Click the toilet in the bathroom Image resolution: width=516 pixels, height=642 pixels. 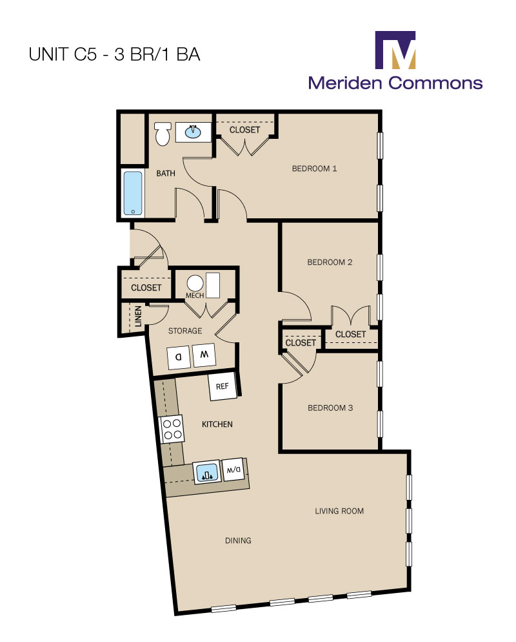point(163,134)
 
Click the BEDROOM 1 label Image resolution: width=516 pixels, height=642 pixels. point(315,169)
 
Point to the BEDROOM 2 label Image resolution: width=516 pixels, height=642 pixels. point(330,262)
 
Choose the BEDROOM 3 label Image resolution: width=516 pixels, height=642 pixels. point(330,408)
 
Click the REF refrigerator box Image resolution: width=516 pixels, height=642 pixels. point(223,387)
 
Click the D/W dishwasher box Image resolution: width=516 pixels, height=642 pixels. point(232,470)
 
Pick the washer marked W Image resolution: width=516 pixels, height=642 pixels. point(204,355)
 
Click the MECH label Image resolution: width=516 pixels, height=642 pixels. point(195,296)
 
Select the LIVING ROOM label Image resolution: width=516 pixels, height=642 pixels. point(339,511)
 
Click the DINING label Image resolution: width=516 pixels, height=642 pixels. point(238,541)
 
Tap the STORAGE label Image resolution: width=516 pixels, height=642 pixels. point(185,331)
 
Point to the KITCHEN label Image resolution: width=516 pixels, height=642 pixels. point(217,424)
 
